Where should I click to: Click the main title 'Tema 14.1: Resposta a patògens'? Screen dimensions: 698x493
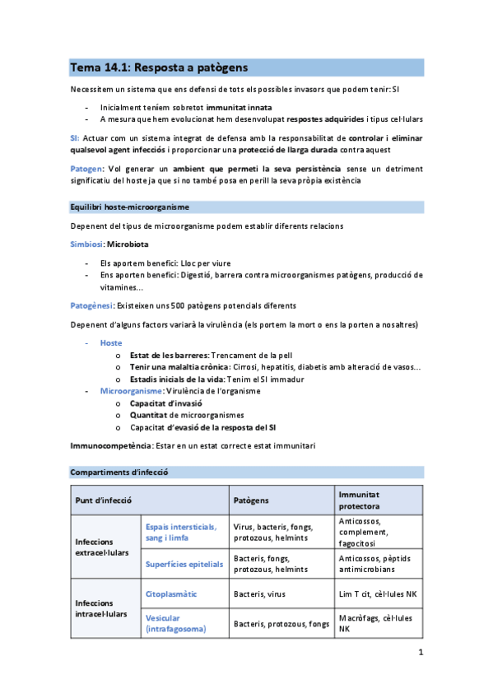click(159, 67)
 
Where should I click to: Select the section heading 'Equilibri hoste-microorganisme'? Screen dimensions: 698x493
click(129, 207)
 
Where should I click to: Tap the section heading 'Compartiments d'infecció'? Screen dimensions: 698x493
click(119, 472)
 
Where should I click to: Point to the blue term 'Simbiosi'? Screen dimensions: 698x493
click(86, 244)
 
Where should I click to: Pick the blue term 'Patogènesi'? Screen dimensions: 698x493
click(91, 305)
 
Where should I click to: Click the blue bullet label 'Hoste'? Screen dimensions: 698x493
click(111, 342)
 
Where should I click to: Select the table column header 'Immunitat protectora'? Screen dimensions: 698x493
click(365, 500)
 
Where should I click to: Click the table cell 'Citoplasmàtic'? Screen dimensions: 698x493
click(171, 593)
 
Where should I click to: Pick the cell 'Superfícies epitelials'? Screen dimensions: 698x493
click(184, 564)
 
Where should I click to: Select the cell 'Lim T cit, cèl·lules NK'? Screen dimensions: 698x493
click(376, 593)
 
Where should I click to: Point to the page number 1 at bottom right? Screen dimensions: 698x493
click(421, 654)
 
